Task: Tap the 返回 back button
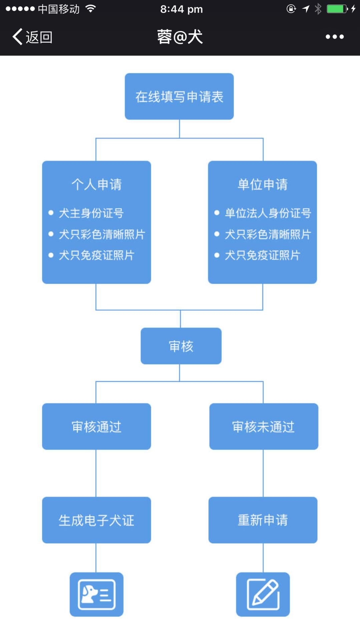coord(32,37)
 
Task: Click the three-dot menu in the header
coord(335,37)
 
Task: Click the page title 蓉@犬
coord(180,37)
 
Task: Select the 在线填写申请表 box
coord(179,96)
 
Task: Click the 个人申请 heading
coord(97,184)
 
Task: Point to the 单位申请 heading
coord(263,184)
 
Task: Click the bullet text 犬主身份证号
coord(91,213)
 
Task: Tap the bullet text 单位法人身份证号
coord(268,213)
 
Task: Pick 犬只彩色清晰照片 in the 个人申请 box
coord(102,234)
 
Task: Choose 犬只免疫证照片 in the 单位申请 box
coord(263,255)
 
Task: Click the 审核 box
coord(181,346)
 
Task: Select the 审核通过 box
coord(97,427)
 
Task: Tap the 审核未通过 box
coord(264,427)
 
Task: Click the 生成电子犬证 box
coord(97,520)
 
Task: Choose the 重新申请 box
coord(263,520)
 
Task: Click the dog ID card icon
coord(97,594)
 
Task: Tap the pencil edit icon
coord(263,594)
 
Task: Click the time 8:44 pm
coord(181,9)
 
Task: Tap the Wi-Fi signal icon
coord(91,8)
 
